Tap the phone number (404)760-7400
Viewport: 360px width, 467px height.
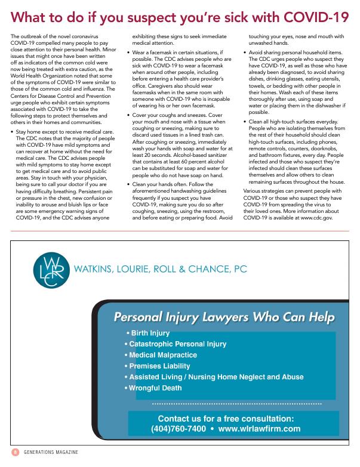[179, 428]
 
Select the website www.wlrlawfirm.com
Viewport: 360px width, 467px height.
[259, 428]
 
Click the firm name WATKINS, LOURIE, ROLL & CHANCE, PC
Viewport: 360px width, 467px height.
[160, 269]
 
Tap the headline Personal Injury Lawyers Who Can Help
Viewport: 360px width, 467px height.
[224, 317]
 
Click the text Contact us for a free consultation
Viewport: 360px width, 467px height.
[226, 419]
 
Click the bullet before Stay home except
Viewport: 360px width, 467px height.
[13, 111]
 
